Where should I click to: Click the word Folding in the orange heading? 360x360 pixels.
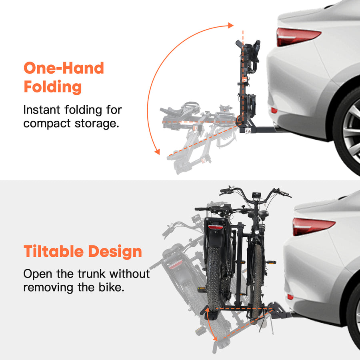coord(53,87)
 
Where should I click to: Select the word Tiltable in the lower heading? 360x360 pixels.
coord(53,252)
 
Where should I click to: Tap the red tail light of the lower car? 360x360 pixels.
coord(312,226)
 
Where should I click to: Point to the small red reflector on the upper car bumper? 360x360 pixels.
coord(274,110)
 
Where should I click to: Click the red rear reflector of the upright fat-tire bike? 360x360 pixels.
coord(216,227)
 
